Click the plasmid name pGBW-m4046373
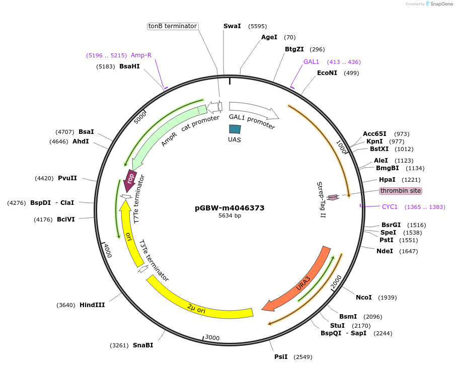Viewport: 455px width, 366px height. tap(230, 208)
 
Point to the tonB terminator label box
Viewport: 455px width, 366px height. tap(173, 26)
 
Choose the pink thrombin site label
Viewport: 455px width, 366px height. tap(400, 191)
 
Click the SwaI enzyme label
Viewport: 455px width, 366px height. tap(232, 26)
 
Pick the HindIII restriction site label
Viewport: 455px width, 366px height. tap(92, 305)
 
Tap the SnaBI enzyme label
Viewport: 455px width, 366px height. tap(142, 345)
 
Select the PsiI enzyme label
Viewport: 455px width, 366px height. tap(281, 357)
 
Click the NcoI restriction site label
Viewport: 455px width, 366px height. tap(363, 298)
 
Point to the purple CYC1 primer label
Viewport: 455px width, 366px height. tap(390, 207)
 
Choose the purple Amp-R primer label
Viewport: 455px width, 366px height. tap(141, 55)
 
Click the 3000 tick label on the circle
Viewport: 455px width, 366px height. tap(212, 337)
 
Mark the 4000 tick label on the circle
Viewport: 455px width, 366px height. tap(107, 250)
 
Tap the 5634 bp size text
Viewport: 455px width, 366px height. tap(230, 215)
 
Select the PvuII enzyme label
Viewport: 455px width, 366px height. tap(67, 178)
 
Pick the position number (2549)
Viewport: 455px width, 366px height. tap(302, 357)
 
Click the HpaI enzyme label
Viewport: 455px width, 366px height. tap(387, 180)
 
